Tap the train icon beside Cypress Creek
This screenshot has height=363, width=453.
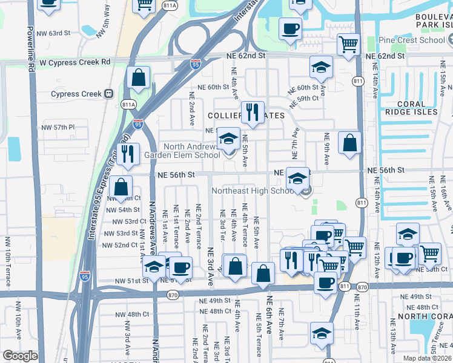pyautogui.click(x=109, y=94)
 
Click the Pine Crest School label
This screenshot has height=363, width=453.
pyautogui.click(x=412, y=40)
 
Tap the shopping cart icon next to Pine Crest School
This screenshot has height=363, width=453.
pyautogui.click(x=348, y=44)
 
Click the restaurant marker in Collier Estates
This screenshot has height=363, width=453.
pyautogui.click(x=253, y=112)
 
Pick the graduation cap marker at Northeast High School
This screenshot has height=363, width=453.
pyautogui.click(x=297, y=178)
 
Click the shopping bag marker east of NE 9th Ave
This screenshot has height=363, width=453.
pyautogui.click(x=349, y=143)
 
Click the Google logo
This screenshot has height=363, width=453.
pyautogui.click(x=20, y=356)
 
